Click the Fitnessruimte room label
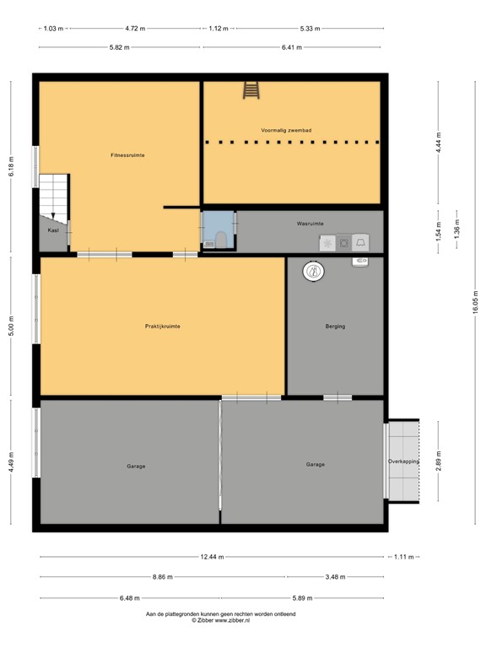pos(127,155)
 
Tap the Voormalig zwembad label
pos(287,131)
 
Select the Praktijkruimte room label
pos(162,326)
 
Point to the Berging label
pos(335,326)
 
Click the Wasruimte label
pos(310,224)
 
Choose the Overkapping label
pos(403,462)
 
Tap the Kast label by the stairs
pos(53,229)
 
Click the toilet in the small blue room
pos(220,240)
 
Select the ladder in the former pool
pos(251,89)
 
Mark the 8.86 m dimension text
pos(163,577)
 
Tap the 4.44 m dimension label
pos(439,142)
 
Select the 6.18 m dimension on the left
pos(12,166)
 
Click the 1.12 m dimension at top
pos(219,28)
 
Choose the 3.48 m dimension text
pos(335,577)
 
